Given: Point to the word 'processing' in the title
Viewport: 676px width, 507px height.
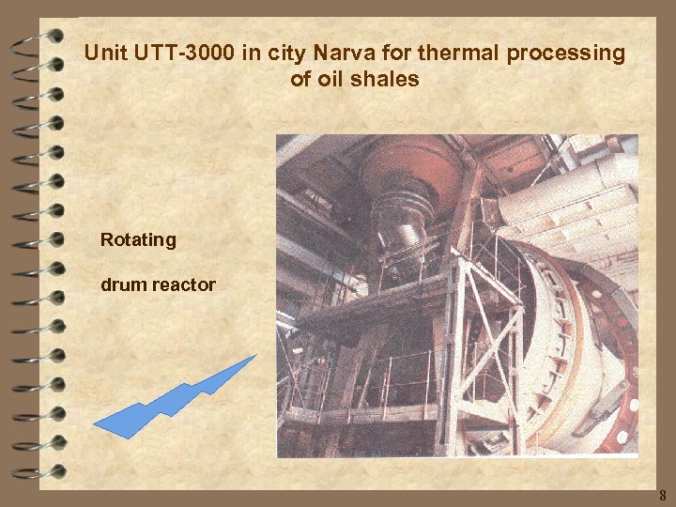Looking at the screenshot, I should pos(565,54).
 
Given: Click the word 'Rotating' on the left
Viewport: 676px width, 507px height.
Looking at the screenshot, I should pos(138,240).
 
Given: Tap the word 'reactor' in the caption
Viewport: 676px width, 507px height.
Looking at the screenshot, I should pos(184,284).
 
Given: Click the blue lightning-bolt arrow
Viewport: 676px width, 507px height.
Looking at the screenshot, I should pos(174,399).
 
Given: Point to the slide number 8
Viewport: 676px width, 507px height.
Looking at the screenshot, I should pos(661,495).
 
